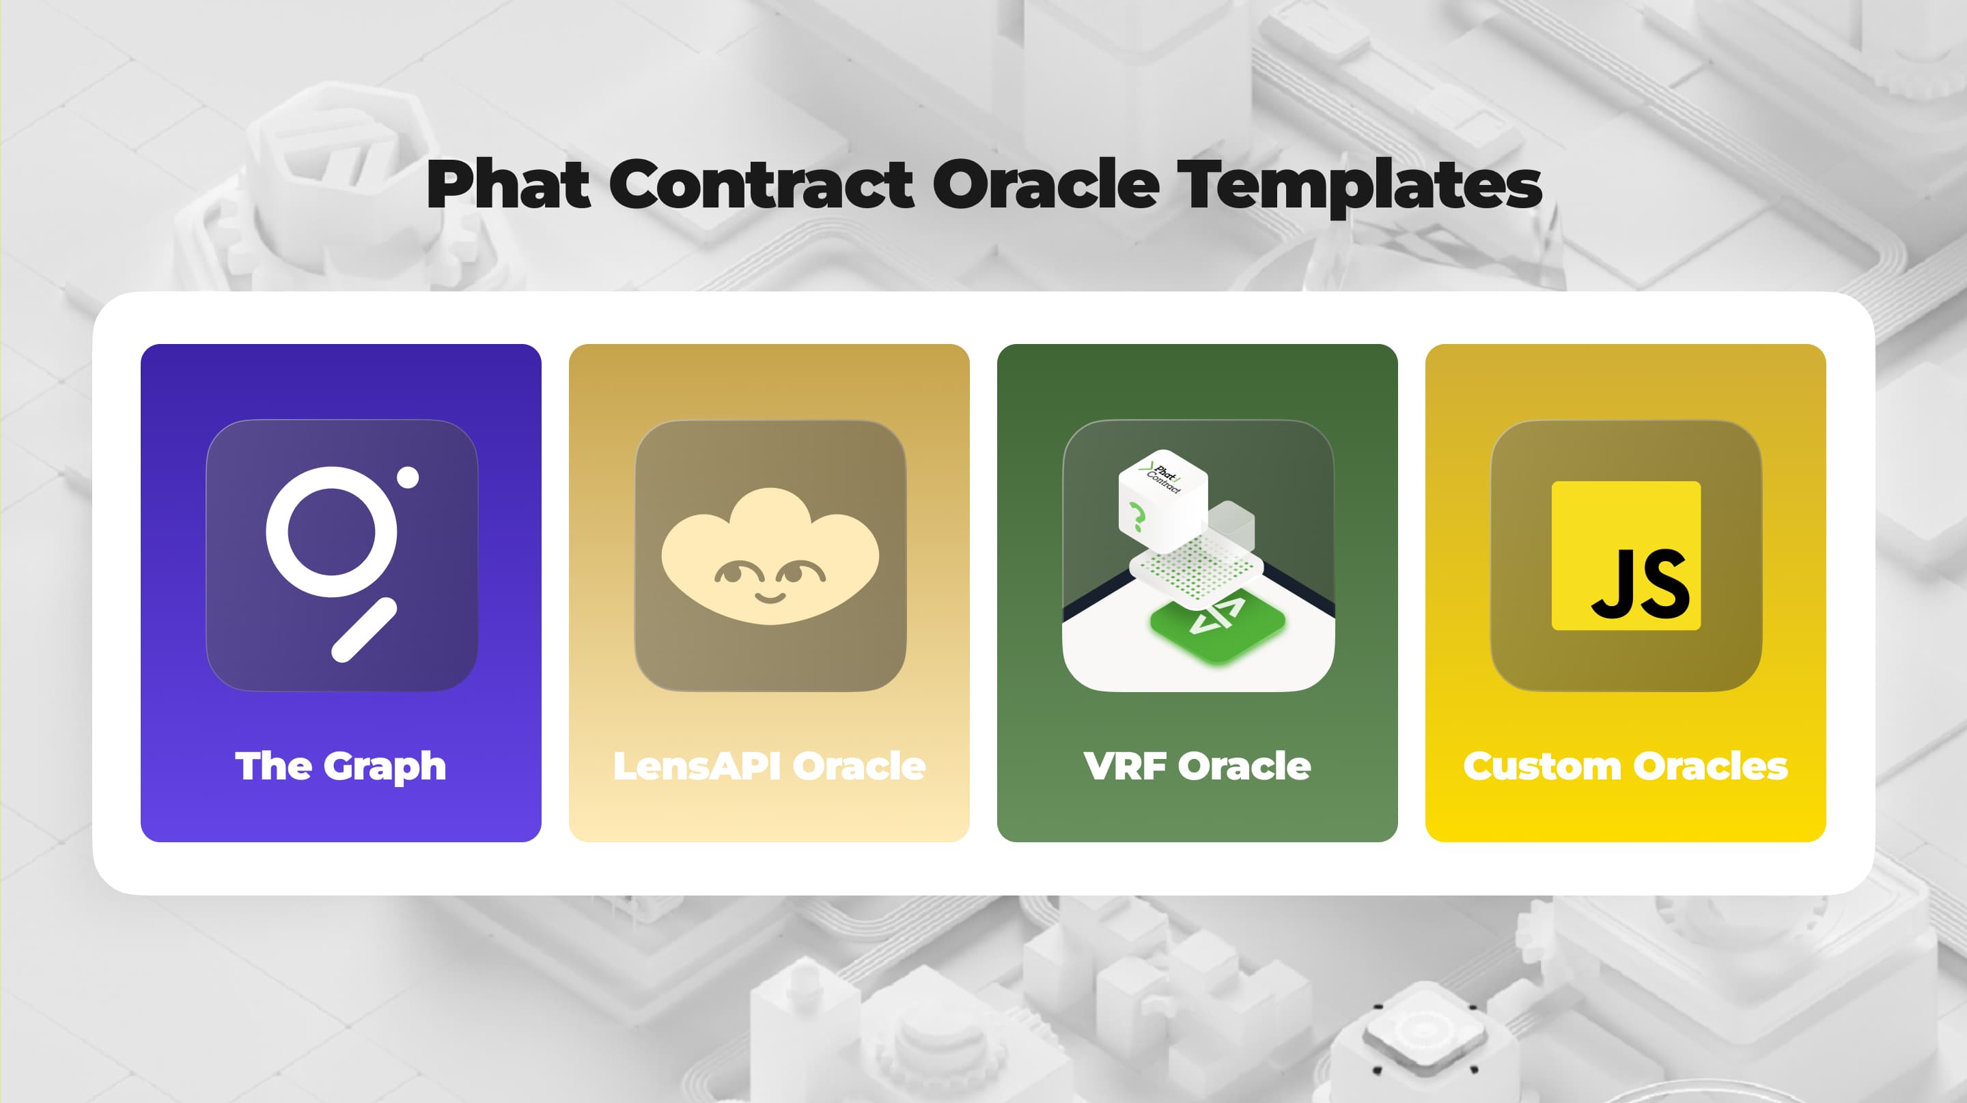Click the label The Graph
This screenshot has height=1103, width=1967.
tap(341, 766)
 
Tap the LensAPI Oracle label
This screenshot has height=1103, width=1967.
tap(769, 766)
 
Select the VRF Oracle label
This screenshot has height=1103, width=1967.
tap(1197, 766)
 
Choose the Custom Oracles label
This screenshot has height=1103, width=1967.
tap(1625, 766)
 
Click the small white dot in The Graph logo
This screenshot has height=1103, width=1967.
tap(408, 477)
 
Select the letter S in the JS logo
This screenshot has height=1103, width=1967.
tap(1664, 584)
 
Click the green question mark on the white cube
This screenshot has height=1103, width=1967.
tap(1137, 517)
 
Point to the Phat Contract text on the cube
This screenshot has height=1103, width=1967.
tap(1164, 477)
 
